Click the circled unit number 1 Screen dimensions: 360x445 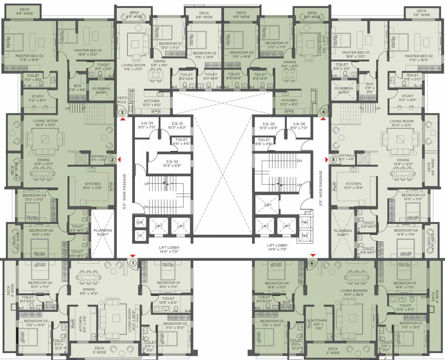click(133, 263)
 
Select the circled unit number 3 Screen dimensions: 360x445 click(122, 112)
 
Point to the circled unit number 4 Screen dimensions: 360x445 click(323, 112)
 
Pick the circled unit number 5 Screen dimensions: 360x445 click(333, 159)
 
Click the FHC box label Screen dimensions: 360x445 click(304, 223)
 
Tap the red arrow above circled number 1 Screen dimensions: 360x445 click(133, 256)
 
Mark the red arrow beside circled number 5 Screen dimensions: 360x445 click(326, 159)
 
